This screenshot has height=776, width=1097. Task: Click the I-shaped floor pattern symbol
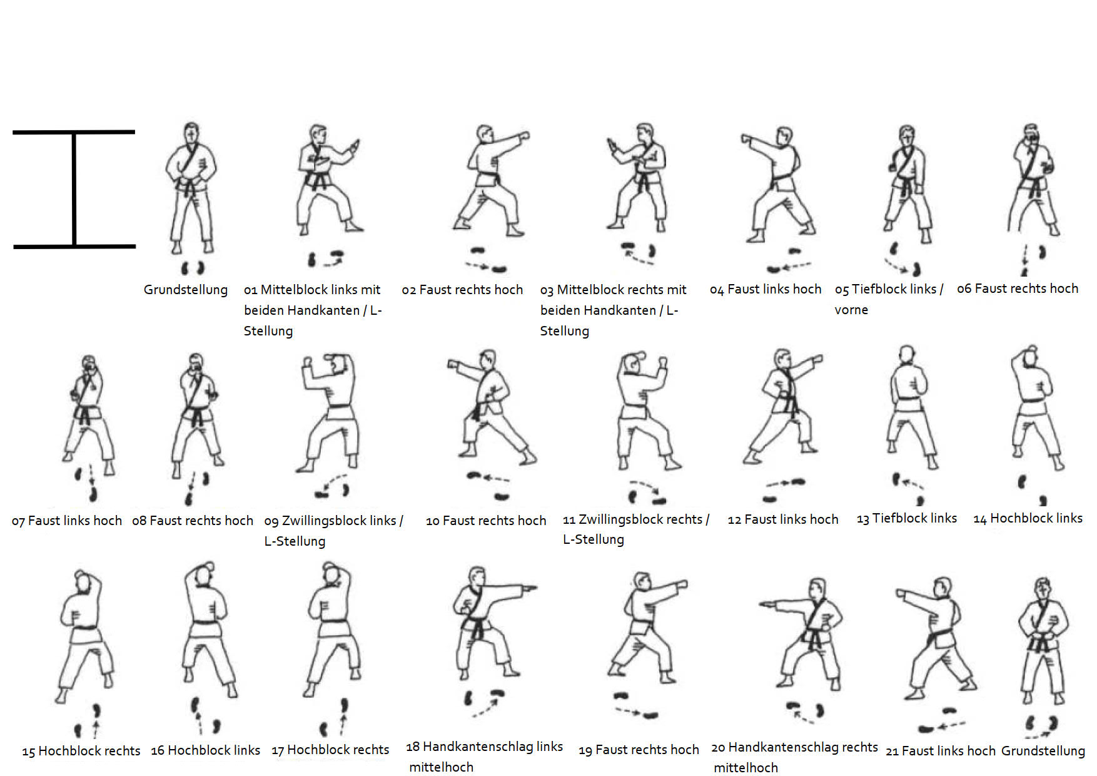point(74,189)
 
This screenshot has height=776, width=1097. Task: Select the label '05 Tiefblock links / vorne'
point(889,299)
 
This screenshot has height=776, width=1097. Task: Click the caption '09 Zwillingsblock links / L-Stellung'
point(333,531)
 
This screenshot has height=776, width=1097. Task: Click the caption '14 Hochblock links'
point(1028,518)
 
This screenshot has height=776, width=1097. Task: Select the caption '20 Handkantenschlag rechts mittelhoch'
point(794,757)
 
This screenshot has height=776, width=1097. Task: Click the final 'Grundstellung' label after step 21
point(1043,750)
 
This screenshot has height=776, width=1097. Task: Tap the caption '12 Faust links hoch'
point(782,519)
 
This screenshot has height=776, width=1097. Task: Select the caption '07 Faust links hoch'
point(67,521)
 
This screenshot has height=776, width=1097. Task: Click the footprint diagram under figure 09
point(333,486)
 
